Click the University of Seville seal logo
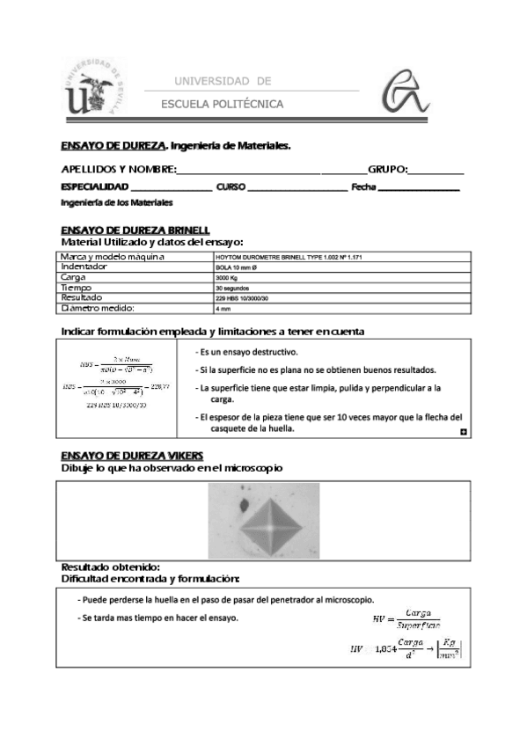[x=94, y=88]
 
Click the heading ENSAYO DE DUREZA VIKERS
[x=132, y=455]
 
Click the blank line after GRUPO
[x=436, y=171]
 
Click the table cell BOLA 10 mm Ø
[x=236, y=267]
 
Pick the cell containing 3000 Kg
[x=227, y=277]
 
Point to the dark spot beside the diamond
[x=239, y=505]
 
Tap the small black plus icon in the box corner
[x=464, y=433]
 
